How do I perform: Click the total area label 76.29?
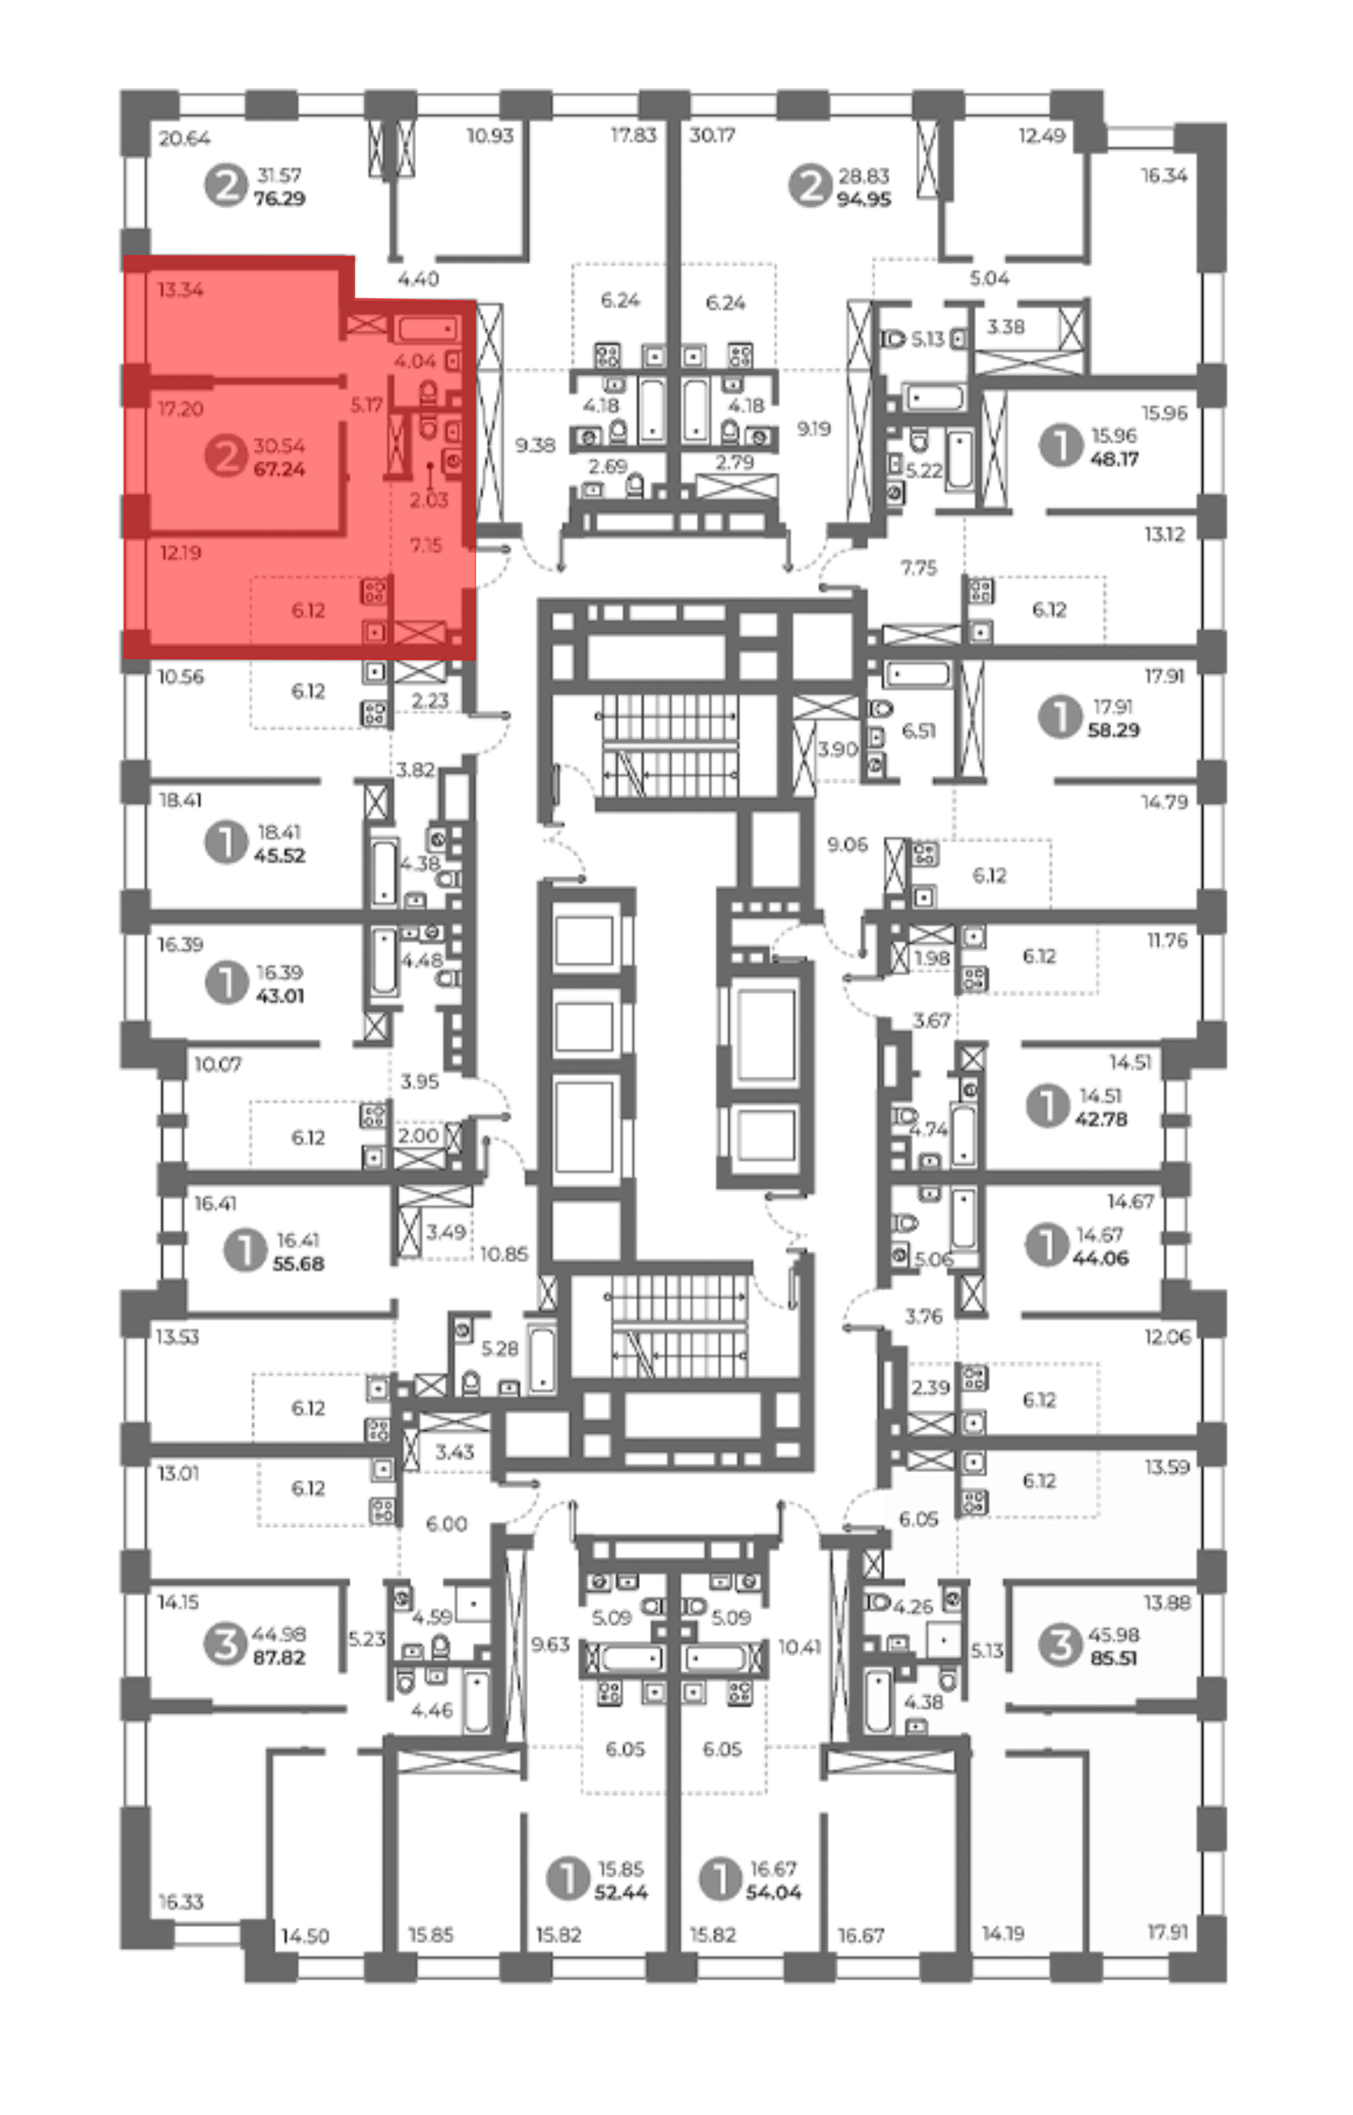coord(279,199)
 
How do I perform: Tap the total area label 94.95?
coord(864,200)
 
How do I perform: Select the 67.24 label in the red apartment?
coord(279,470)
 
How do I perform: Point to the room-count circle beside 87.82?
coord(225,1644)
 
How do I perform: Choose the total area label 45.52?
coord(279,855)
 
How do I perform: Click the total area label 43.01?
coord(279,995)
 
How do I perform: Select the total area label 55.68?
coord(299,1264)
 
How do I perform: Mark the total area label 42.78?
coord(1101,1120)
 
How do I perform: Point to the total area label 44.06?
coord(1101,1258)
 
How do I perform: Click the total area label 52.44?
coord(621,1892)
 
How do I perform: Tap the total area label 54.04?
coord(774,1892)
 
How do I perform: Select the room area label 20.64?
coord(185,138)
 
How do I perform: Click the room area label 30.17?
coord(712,135)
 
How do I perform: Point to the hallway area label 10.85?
coord(504,1254)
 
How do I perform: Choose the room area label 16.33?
coord(181,1903)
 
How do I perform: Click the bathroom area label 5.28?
coord(500,1348)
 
